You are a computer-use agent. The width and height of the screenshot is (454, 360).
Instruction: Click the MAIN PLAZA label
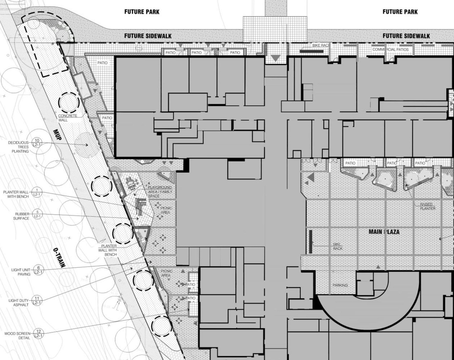click(384, 232)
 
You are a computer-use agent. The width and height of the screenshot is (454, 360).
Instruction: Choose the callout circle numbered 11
click(37, 300)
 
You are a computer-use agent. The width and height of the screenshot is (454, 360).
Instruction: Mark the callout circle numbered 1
click(37, 192)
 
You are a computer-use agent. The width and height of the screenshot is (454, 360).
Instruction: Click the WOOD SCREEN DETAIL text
click(17, 336)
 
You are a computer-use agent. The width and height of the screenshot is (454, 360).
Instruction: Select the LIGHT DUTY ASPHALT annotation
click(18, 303)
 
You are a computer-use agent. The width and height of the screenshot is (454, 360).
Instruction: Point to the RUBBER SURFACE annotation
click(22, 216)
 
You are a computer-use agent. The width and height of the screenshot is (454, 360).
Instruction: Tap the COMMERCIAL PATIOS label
click(390, 49)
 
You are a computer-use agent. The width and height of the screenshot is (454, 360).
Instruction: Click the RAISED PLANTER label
click(427, 206)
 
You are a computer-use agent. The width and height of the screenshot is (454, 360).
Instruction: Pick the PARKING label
click(340, 285)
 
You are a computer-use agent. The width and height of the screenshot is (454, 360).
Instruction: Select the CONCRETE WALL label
click(67, 118)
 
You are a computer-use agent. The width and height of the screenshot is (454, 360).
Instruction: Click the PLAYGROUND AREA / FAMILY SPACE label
click(160, 191)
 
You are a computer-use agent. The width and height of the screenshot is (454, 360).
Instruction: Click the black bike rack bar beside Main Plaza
click(311, 242)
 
